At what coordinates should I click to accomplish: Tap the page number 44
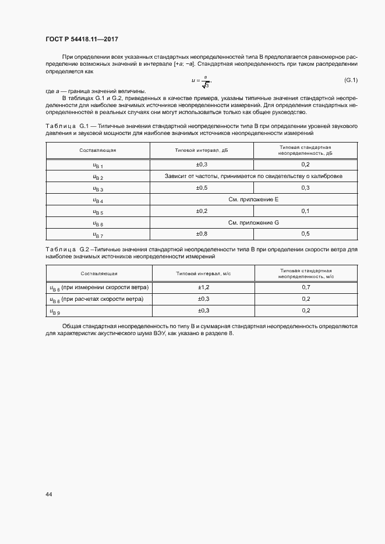pos(49,495)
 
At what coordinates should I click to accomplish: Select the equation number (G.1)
pos(351,80)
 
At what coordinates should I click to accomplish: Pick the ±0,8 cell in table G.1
pos(202,233)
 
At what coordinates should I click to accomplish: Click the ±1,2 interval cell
pos(204,287)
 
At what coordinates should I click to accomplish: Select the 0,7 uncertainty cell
pos(306,287)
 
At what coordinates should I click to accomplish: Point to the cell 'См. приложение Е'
pos(253,199)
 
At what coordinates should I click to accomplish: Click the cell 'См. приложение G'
pos(253,222)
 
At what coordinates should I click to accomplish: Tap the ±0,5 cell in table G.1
pos(202,187)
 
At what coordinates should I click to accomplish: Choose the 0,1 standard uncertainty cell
pos(306,211)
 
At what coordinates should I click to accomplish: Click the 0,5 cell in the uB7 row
pos(306,233)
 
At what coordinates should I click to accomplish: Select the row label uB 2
pos(98,176)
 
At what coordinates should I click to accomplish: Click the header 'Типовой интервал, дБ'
pos(202,150)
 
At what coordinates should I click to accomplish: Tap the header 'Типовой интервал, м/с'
pos(204,273)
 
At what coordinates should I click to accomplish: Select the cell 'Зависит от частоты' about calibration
pos(253,176)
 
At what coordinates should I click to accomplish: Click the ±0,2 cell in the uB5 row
pos(202,211)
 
